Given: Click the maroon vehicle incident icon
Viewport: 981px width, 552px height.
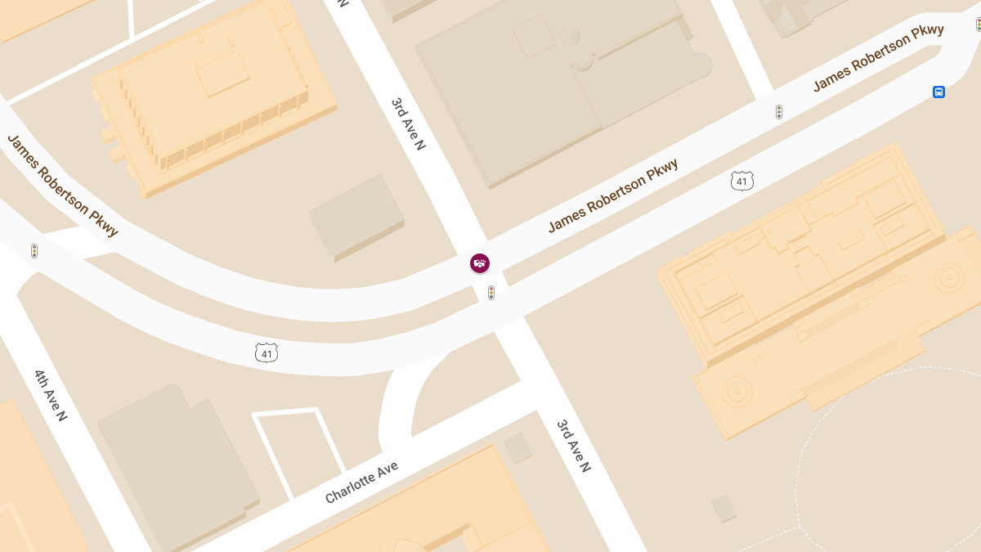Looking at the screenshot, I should click(480, 263).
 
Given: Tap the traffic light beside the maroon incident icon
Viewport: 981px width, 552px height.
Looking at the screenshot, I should click(491, 292).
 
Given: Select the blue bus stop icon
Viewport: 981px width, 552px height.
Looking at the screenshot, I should click(938, 92).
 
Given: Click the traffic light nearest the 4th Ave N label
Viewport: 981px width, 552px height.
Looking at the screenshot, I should click(34, 251).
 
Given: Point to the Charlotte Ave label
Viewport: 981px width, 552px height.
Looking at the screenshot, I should click(361, 482).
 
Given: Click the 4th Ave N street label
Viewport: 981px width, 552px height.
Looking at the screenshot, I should click(50, 395).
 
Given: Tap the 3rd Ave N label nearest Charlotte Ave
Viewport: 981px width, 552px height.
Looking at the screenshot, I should click(573, 446).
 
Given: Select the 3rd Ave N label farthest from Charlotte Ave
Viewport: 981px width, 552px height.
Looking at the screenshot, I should click(408, 124).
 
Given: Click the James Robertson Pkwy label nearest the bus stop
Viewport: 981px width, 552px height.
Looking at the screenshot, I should click(878, 57).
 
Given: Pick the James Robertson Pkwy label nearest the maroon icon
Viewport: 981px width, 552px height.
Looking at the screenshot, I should click(613, 195).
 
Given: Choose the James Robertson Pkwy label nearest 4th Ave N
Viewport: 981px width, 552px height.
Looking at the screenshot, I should click(62, 186).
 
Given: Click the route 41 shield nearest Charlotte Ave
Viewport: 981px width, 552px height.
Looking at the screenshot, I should click(266, 352).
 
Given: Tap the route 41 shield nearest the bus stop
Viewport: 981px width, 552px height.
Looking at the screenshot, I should click(741, 181).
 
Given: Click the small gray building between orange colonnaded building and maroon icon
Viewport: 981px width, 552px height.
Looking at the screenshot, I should click(357, 217).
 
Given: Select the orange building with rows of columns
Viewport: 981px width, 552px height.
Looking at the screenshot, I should click(213, 98).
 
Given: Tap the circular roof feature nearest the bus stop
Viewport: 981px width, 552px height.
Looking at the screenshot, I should click(951, 276).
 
